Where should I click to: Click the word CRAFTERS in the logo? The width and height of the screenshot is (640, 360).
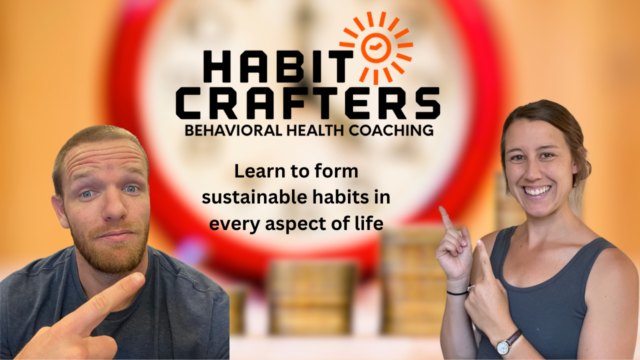pyautogui.click(x=307, y=103)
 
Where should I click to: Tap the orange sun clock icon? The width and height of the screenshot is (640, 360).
pyautogui.click(x=376, y=47)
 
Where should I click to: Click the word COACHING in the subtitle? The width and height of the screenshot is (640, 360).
pyautogui.click(x=391, y=130)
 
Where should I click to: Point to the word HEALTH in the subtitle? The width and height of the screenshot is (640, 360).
pyautogui.click(x=315, y=130)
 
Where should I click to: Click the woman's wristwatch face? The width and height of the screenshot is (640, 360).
pyautogui.click(x=502, y=347)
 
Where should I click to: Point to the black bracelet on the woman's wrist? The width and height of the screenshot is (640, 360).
pyautogui.click(x=457, y=293)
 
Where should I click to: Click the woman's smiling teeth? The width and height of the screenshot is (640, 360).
pyautogui.click(x=537, y=191)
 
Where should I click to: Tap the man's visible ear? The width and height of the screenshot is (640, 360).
pyautogui.click(x=59, y=211)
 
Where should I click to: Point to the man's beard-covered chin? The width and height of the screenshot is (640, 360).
pyautogui.click(x=114, y=258)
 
